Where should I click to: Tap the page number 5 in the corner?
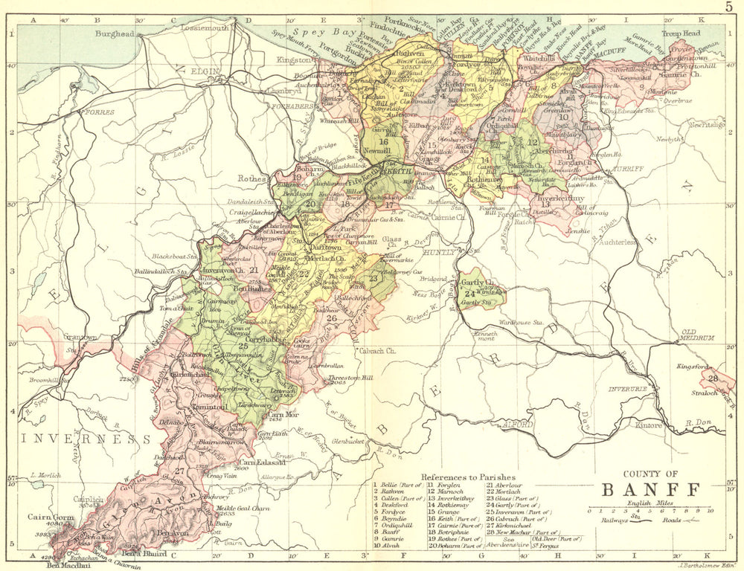click(729, 7)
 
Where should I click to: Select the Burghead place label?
click(115, 33)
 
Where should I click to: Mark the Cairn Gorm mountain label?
click(48, 516)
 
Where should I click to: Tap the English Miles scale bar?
click(650, 511)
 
